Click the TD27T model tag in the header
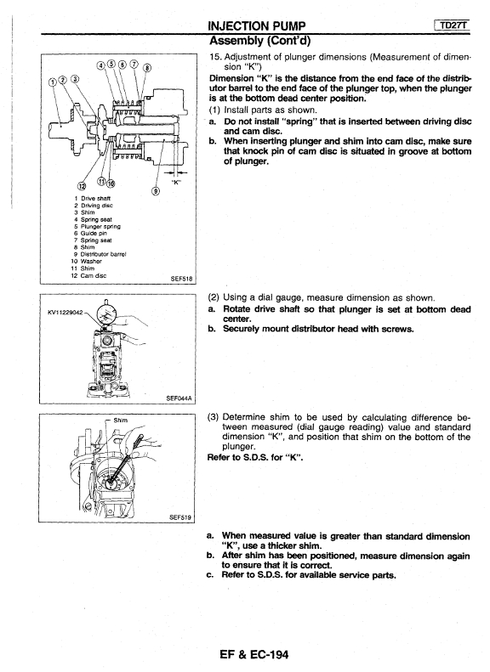(x=454, y=25)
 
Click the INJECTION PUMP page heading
(x=256, y=26)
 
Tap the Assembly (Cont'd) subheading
(x=259, y=41)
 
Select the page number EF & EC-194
(x=254, y=654)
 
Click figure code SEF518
(x=181, y=279)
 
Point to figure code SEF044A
(x=179, y=398)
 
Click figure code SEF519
(x=180, y=517)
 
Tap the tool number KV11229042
(x=66, y=313)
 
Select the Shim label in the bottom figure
(x=121, y=420)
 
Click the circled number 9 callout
(x=156, y=191)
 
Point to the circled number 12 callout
(x=81, y=185)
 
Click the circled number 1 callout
(x=54, y=82)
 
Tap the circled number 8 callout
(x=147, y=68)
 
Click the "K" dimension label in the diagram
(x=177, y=182)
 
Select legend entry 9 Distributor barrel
(x=100, y=254)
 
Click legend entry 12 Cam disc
(x=88, y=275)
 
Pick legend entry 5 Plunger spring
(x=97, y=226)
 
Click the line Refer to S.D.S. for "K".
(x=255, y=457)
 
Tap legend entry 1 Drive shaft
(x=92, y=199)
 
